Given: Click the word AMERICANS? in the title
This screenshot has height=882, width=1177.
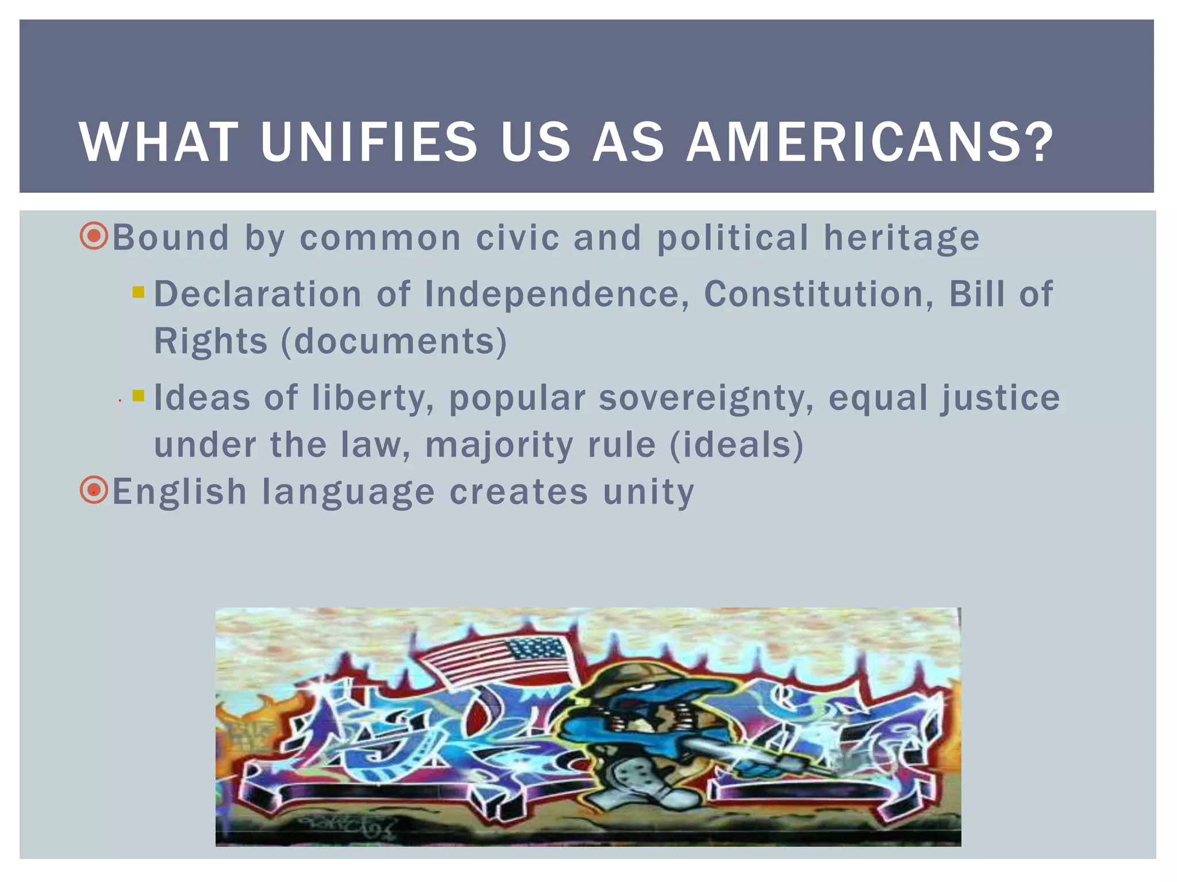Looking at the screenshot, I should pos(870,142).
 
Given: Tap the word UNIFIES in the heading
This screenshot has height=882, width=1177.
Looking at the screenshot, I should pos(369,142).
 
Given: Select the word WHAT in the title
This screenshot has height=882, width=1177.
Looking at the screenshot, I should pos(159,142).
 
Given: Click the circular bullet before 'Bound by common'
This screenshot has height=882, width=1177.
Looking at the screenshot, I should pos(94,236).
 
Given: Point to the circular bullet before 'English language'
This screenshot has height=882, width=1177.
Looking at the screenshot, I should pos(94,491).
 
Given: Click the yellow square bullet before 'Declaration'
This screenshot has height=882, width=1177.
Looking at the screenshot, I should pos(138,292).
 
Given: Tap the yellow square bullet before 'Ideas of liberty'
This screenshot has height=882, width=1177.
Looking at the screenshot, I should pos(138,396).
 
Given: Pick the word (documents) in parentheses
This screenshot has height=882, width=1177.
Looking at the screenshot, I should pos(394,341).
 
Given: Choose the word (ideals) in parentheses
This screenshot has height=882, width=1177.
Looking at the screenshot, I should pos(737,445).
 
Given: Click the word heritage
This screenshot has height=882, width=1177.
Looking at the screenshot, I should pos(902,238).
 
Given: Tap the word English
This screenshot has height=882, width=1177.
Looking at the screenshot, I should pos(179,492).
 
